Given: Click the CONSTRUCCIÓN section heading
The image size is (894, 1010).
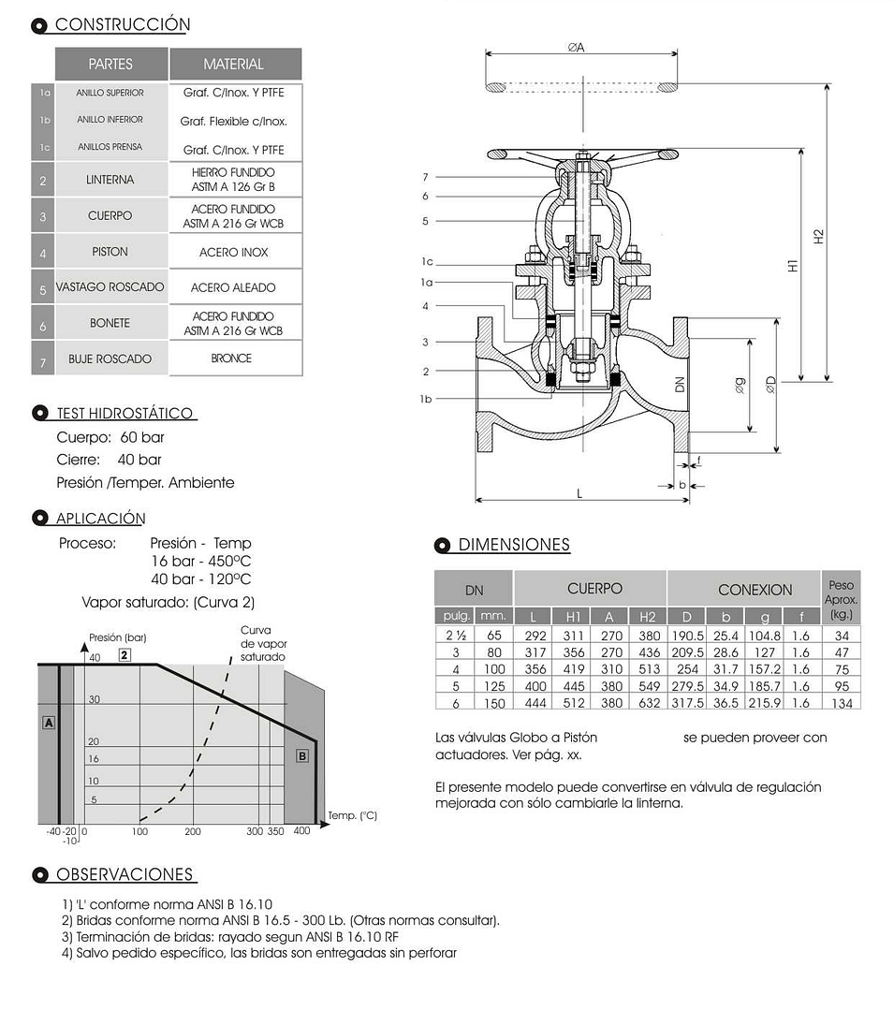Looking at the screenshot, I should click(122, 25).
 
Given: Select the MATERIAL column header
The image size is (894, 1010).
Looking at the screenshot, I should click(234, 65).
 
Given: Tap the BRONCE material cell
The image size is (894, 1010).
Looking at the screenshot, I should click(231, 359).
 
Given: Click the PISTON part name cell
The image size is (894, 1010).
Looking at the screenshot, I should click(110, 252).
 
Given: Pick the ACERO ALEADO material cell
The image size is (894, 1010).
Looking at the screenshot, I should click(233, 287).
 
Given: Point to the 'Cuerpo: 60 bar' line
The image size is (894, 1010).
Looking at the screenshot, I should click(110, 437).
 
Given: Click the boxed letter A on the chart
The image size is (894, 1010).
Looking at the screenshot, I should click(49, 723).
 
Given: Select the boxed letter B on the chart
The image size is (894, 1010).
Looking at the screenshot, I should click(301, 755).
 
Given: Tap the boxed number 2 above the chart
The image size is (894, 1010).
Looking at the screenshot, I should click(124, 655).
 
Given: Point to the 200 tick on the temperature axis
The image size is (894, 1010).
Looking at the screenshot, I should click(193, 831).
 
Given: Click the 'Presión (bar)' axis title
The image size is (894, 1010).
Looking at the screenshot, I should click(118, 637).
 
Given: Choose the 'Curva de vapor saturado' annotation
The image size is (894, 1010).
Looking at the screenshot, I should click(262, 644).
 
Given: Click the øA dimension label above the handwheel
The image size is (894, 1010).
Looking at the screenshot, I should click(576, 47).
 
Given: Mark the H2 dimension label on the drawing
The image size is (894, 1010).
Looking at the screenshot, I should click(819, 237).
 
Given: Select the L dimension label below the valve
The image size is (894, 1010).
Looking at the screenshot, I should click(579, 493).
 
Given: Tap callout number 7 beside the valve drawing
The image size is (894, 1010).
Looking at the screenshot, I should click(425, 177).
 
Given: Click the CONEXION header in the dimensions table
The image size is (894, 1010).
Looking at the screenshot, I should click(755, 590).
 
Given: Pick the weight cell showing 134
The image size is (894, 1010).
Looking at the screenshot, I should click(842, 703).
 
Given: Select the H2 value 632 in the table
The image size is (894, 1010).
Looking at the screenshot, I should click(649, 703).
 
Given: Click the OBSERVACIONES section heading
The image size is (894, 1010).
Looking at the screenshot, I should click(124, 875).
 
